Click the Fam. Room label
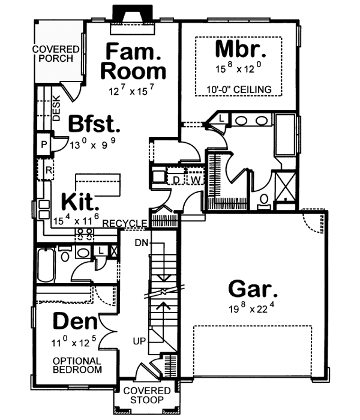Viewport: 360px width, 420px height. [133, 61]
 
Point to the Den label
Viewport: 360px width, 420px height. [76, 322]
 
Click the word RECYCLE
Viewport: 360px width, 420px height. [125, 224]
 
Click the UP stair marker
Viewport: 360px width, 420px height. [140, 341]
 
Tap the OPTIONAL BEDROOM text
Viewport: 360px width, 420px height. [77, 365]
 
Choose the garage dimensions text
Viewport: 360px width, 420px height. [253, 310]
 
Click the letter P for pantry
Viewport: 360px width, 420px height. [44, 145]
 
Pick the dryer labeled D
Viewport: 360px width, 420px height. [177, 179]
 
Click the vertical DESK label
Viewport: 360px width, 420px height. [56, 108]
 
